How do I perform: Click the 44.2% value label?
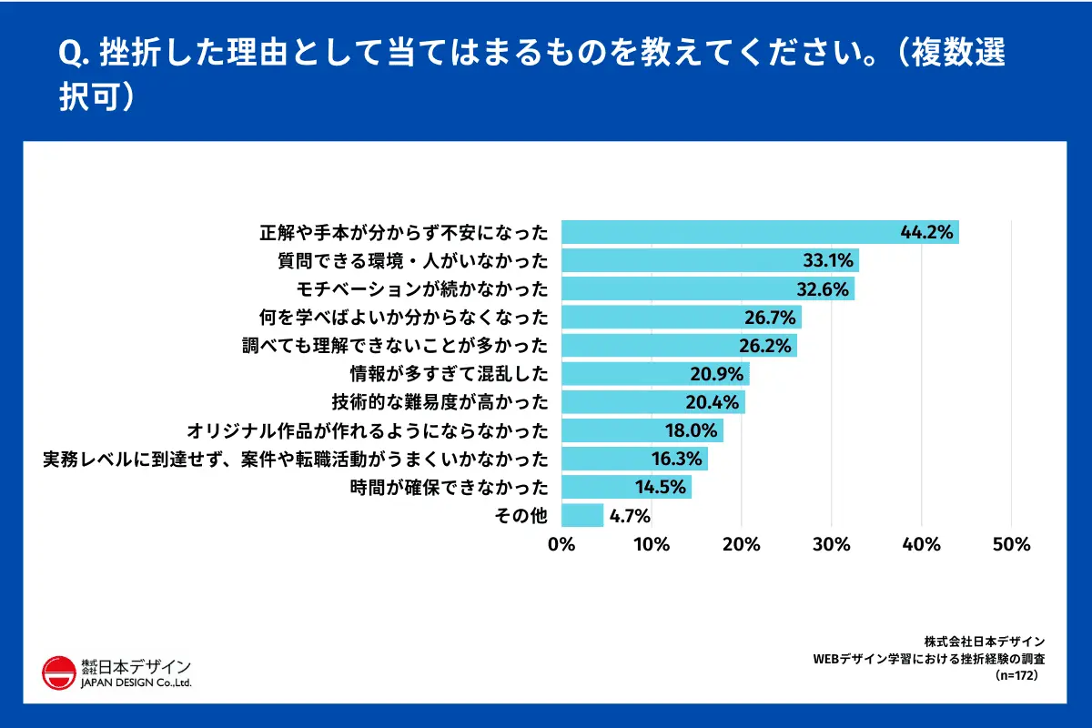[926, 233]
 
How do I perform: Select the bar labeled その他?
[582, 515]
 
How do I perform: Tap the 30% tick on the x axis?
[831, 544]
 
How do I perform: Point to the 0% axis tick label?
[561, 544]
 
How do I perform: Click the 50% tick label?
[1010, 544]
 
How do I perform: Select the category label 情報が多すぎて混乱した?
[450, 374]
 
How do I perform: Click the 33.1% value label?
[827, 261]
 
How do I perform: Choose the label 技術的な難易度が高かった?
[440, 402]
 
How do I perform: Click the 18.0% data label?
[693, 430]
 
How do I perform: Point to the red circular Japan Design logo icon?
[59, 672]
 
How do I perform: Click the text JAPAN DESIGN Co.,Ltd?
[136, 682]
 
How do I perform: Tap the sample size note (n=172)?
[1016, 676]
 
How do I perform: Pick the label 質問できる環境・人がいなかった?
[413, 262]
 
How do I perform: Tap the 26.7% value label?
[771, 318]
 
